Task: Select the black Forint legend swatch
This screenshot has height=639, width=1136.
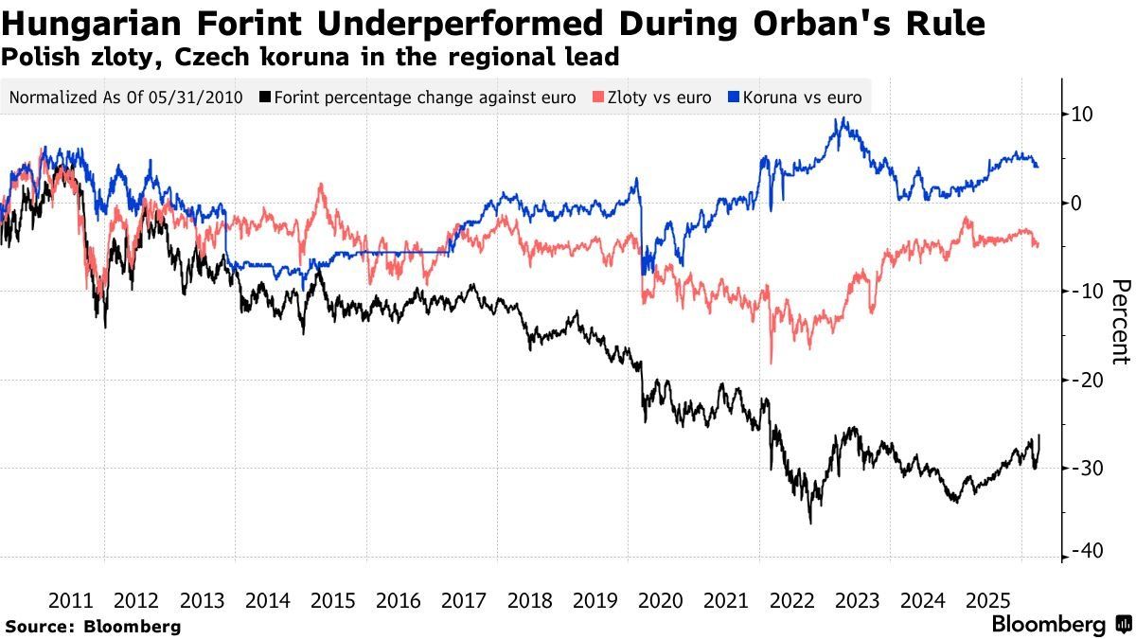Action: (x=265, y=98)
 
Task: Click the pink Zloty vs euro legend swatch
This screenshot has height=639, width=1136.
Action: (x=596, y=98)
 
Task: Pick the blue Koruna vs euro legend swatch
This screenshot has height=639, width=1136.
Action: (x=733, y=98)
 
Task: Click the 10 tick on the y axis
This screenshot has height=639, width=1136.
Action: (x=1082, y=115)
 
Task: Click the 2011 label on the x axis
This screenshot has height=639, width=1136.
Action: (x=71, y=600)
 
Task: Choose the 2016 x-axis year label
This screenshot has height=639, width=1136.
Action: (x=398, y=600)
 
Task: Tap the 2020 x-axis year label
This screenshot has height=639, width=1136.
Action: (x=660, y=600)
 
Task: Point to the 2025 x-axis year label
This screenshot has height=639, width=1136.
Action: (x=987, y=600)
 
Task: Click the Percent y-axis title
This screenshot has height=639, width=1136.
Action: (x=1120, y=322)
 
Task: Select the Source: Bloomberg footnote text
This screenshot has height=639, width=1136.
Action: (x=93, y=626)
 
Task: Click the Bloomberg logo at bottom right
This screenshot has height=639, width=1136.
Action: (x=1061, y=625)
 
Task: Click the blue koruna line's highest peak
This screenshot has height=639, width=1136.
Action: (x=842, y=119)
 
